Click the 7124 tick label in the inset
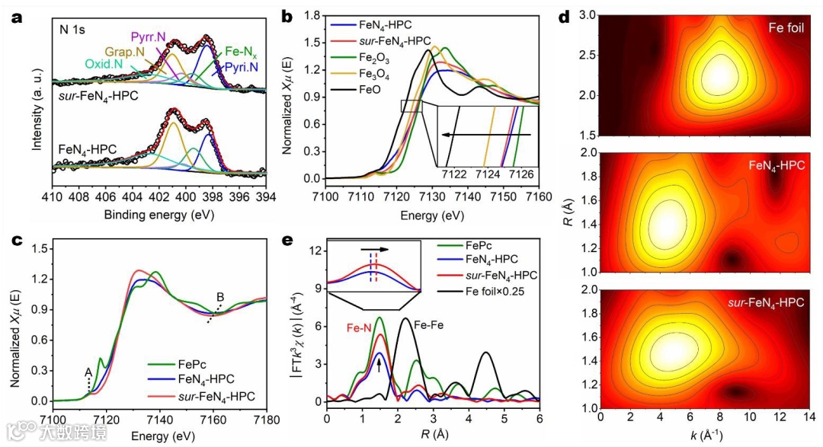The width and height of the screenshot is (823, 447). coord(488,174)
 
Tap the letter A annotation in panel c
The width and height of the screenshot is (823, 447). coord(88,372)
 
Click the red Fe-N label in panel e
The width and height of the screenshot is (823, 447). coord(360,328)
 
